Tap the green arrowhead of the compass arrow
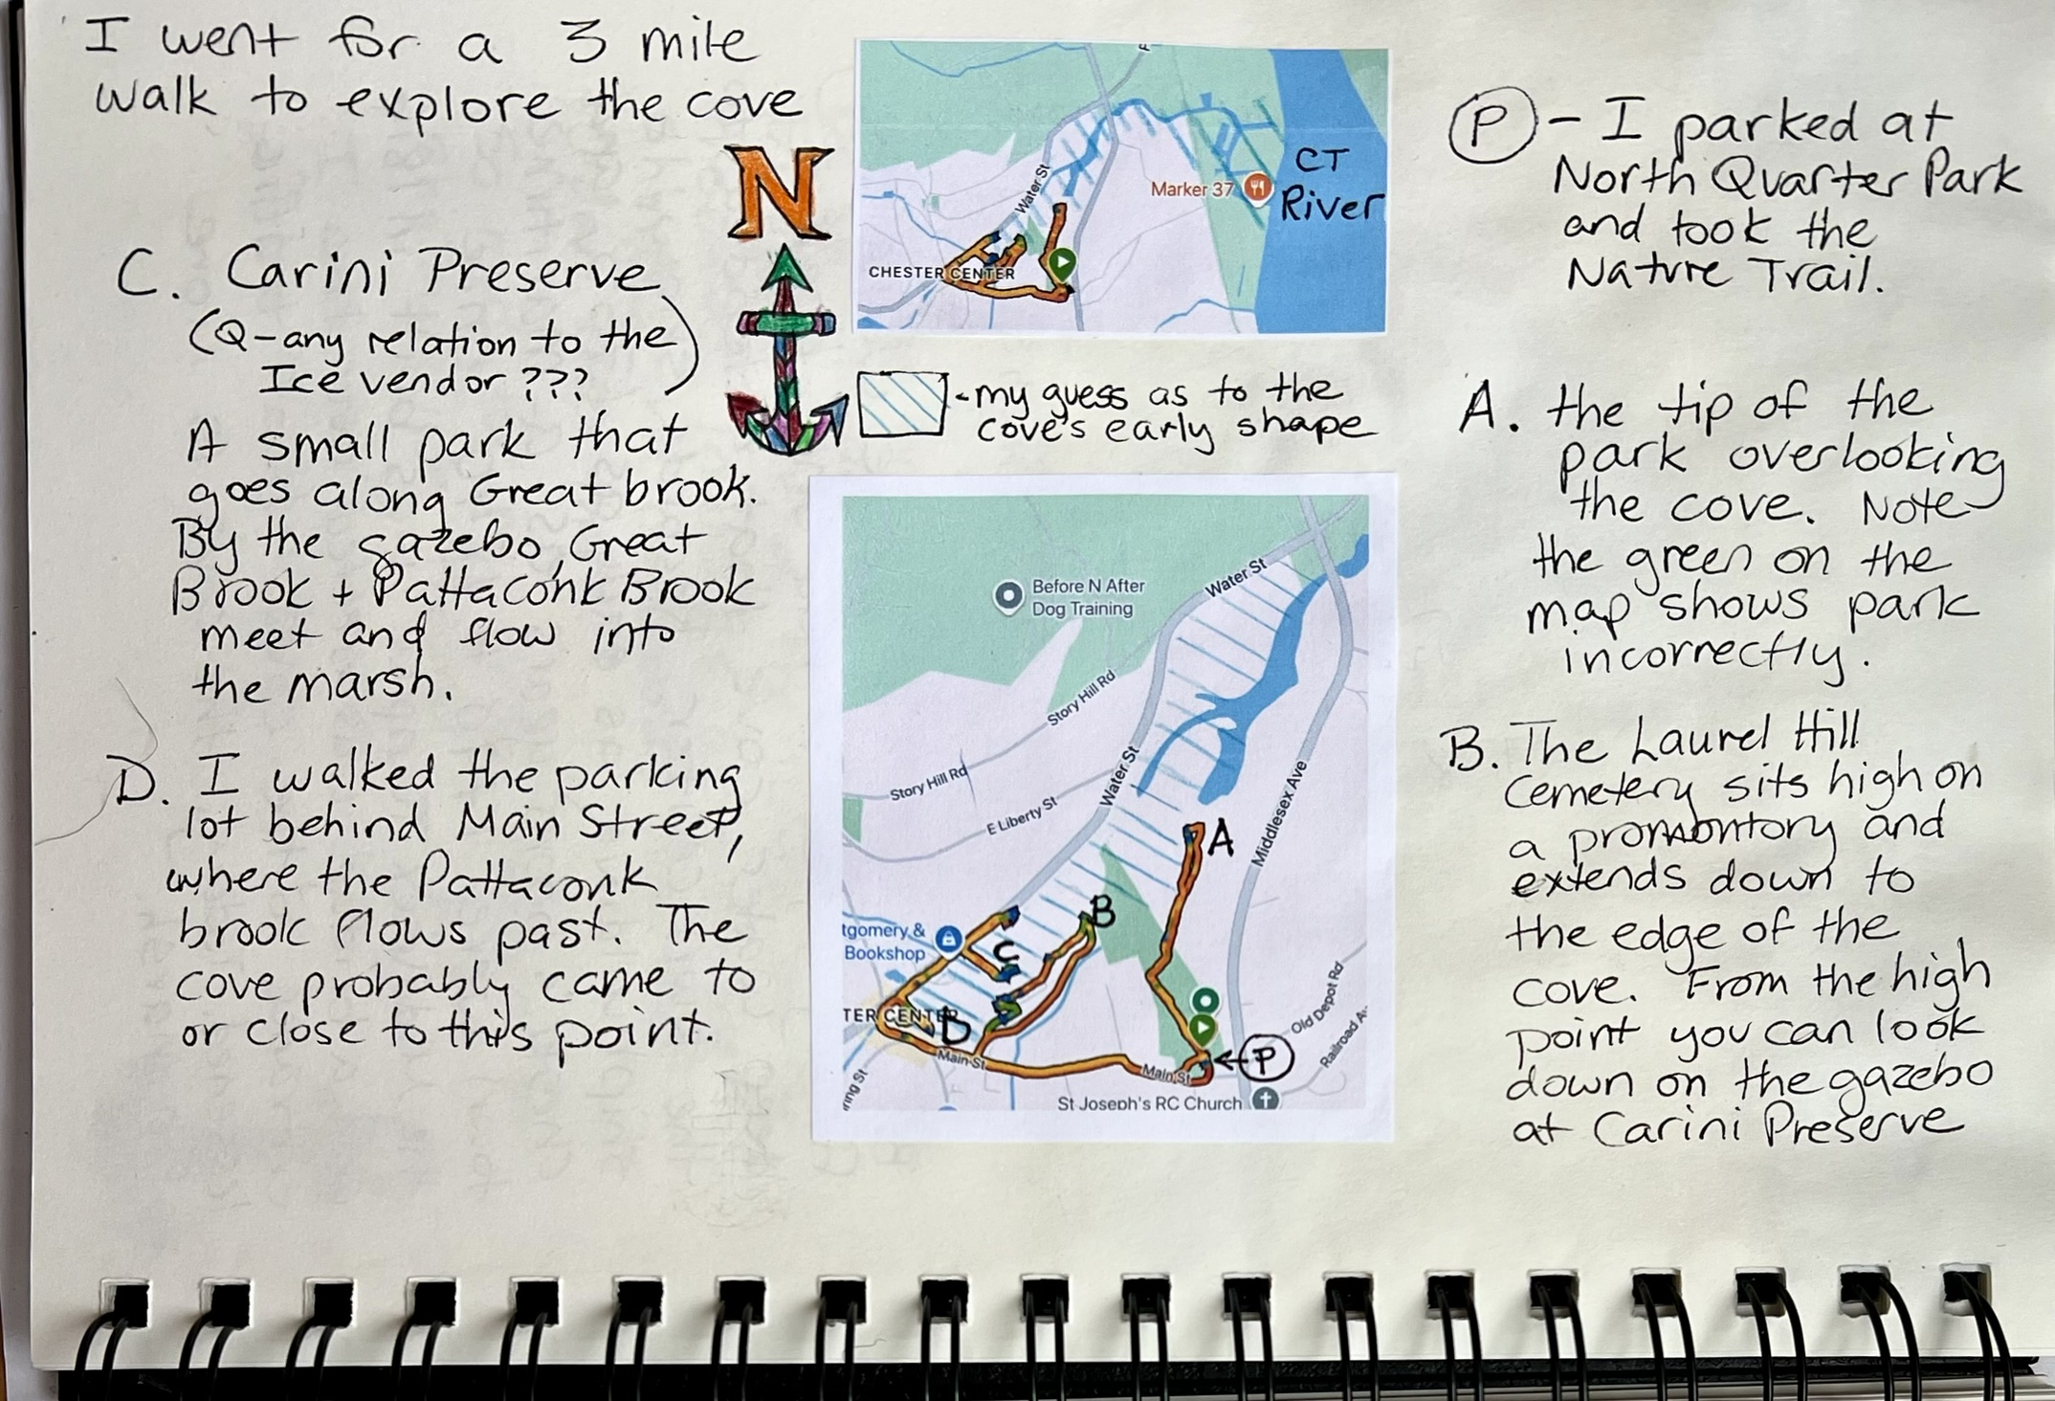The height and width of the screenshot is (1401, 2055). (x=785, y=268)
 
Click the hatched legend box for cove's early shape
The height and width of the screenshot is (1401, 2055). (x=902, y=405)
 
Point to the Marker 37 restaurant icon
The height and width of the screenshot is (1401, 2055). (x=1257, y=189)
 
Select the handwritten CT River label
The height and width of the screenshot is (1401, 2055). (x=1331, y=185)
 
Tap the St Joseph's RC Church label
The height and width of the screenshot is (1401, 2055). (x=1149, y=1103)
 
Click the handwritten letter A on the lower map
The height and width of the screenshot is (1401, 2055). (x=1219, y=839)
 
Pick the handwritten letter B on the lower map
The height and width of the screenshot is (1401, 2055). (x=1103, y=912)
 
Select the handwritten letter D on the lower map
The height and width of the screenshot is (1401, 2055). (x=956, y=1028)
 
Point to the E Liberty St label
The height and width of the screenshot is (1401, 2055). (x=1022, y=816)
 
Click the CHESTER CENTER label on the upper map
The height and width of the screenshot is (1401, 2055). (x=941, y=273)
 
